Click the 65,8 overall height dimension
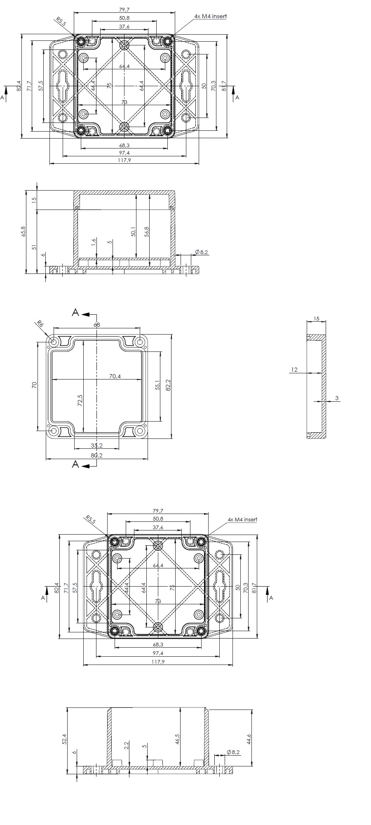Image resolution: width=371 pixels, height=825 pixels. [x=23, y=231]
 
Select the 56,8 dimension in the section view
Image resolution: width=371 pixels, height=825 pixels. [x=147, y=231]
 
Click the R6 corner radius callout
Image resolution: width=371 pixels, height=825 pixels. [x=40, y=324]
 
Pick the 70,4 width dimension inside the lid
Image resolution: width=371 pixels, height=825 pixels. [x=115, y=376]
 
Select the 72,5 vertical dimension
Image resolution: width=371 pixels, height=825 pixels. [x=80, y=400]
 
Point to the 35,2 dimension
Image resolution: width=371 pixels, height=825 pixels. [x=96, y=445]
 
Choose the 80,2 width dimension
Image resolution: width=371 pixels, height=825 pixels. [x=96, y=455]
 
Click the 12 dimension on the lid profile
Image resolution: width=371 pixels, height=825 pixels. [x=294, y=370]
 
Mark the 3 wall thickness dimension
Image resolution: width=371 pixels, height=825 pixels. [x=337, y=398]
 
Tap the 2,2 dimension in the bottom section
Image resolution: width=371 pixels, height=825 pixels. [x=127, y=745]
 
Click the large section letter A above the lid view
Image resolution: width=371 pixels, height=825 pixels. [x=75, y=312]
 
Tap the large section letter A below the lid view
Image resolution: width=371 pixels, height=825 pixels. [x=75, y=464]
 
